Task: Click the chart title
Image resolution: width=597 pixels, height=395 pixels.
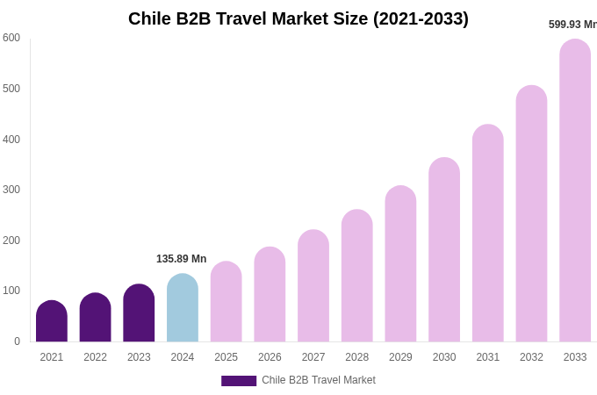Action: pos(298,18)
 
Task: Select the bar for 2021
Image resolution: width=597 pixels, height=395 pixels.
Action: pos(52,322)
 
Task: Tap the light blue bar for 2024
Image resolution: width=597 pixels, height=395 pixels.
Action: pos(183,309)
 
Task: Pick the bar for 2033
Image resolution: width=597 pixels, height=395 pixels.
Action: pos(575,191)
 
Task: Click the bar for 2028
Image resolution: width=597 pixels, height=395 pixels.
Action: pos(357,276)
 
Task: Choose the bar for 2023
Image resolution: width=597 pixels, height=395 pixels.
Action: pos(139,314)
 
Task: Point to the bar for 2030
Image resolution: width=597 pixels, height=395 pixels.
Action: pos(444,250)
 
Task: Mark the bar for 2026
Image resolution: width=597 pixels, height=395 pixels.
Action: pos(270,295)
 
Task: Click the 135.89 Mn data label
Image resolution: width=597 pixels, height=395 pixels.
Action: pos(181,259)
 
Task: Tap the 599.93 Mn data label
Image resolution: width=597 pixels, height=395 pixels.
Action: pos(572,25)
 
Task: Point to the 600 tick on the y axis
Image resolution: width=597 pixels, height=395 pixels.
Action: pos(11,38)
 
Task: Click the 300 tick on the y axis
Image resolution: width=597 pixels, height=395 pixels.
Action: pos(11,190)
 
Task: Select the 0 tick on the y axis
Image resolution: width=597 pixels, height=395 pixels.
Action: pos(17,341)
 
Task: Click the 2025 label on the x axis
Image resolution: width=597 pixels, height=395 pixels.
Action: pos(226,357)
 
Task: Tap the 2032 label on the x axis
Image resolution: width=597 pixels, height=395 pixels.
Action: pos(531,357)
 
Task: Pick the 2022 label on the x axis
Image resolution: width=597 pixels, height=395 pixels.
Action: pos(95,357)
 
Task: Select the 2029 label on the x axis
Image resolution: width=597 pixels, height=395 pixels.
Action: pos(400,357)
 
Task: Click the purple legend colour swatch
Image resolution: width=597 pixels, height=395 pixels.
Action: pos(239,381)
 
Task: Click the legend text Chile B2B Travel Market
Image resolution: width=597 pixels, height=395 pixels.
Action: pos(319,380)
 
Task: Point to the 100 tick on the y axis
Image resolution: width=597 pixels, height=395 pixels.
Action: pos(11,291)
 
